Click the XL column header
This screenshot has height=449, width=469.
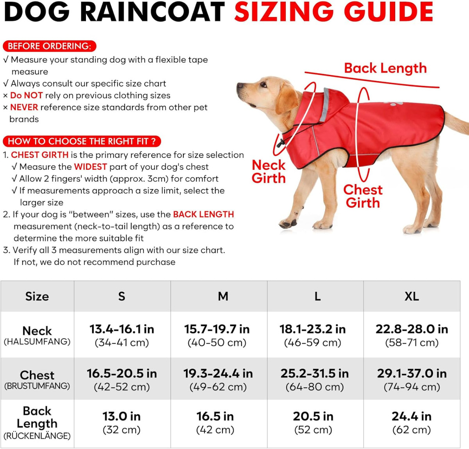[x=412, y=296]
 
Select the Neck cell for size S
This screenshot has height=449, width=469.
[x=122, y=335]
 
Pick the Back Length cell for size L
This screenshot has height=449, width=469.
[x=313, y=422]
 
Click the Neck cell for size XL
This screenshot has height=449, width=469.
[x=412, y=335]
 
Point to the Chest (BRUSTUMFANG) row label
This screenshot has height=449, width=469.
[x=37, y=380]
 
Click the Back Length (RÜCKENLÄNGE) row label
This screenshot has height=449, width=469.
[x=37, y=423]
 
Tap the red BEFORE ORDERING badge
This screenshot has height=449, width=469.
[x=49, y=46]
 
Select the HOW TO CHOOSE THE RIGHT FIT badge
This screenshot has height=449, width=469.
[x=82, y=141]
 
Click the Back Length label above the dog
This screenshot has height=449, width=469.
[x=385, y=68]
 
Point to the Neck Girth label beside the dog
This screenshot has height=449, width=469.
[x=269, y=171]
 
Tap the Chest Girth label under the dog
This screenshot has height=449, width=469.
[x=363, y=196]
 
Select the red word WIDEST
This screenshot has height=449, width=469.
[x=90, y=167]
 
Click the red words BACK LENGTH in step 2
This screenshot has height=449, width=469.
[x=203, y=215]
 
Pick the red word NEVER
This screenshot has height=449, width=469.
[x=24, y=107]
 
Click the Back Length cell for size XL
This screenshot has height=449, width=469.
[x=412, y=422]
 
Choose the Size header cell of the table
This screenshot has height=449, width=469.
[x=37, y=296]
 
